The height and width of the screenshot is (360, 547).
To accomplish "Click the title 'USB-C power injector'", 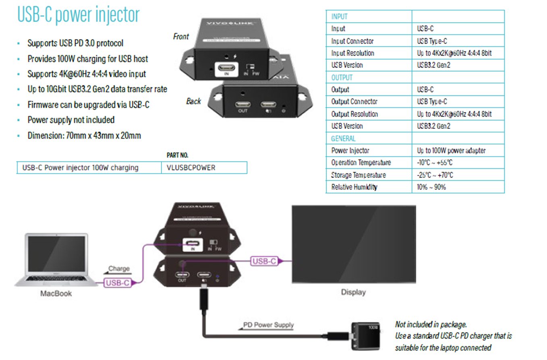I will [78, 15].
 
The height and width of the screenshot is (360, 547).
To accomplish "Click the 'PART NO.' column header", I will [177, 155].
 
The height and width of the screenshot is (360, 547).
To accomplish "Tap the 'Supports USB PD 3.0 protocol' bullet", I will [75, 43].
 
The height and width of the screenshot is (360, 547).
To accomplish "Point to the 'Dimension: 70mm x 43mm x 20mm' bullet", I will [84, 136].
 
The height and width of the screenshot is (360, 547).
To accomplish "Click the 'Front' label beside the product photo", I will [181, 37].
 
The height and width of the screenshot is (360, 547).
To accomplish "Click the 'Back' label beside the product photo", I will [193, 101].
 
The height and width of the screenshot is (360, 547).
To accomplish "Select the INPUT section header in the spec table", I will [339, 17].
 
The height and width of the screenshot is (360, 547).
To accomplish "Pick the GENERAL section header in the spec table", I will [343, 139].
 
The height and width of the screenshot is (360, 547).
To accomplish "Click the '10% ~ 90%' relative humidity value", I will [431, 187].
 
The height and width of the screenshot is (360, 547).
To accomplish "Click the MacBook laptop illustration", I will [56, 260].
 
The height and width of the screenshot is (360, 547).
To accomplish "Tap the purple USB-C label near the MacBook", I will [117, 283].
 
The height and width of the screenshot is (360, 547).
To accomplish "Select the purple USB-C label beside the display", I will [264, 261].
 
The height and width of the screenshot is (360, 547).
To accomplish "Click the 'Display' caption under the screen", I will [353, 292].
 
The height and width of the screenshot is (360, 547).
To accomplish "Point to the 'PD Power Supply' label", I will [268, 325].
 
